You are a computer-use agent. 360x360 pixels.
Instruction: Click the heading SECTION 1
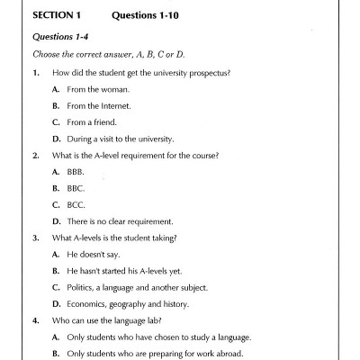[58, 16]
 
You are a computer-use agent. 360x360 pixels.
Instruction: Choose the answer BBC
[75, 188]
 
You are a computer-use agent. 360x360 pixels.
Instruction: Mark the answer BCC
[75, 204]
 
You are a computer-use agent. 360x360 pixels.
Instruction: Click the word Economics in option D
[87, 304]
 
